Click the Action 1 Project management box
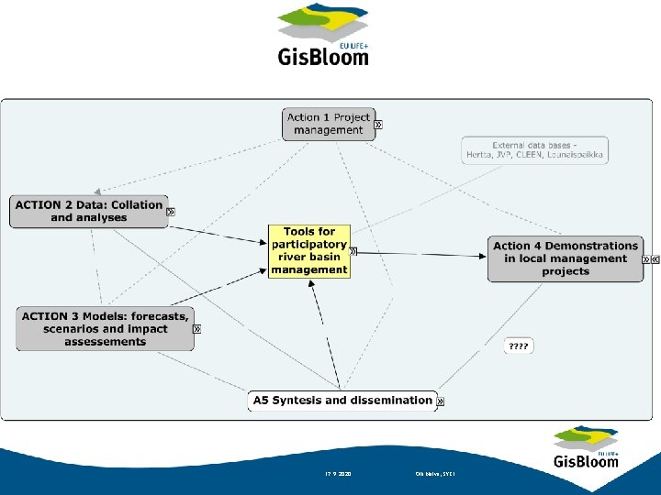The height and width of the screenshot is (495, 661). click(328, 124)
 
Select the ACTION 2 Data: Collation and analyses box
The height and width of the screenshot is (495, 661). click(89, 212)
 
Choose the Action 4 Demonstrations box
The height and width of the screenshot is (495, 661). click(565, 258)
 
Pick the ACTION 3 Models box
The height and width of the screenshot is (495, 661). click(105, 329)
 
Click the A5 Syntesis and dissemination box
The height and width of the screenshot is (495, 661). click(341, 401)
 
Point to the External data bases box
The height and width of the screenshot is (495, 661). click(535, 150)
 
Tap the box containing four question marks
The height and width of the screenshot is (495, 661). click(519, 346)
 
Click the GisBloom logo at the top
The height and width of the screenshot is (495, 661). click(323, 36)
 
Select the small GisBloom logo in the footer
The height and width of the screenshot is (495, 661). click(586, 447)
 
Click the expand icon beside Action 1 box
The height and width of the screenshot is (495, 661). click(378, 124)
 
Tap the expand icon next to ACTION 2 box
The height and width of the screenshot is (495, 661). click(171, 212)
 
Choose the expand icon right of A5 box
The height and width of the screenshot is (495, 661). click(440, 401)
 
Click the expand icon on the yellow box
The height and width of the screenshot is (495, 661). click(353, 251)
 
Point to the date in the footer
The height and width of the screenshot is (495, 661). click(339, 474)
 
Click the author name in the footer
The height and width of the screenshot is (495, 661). click(435, 474)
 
